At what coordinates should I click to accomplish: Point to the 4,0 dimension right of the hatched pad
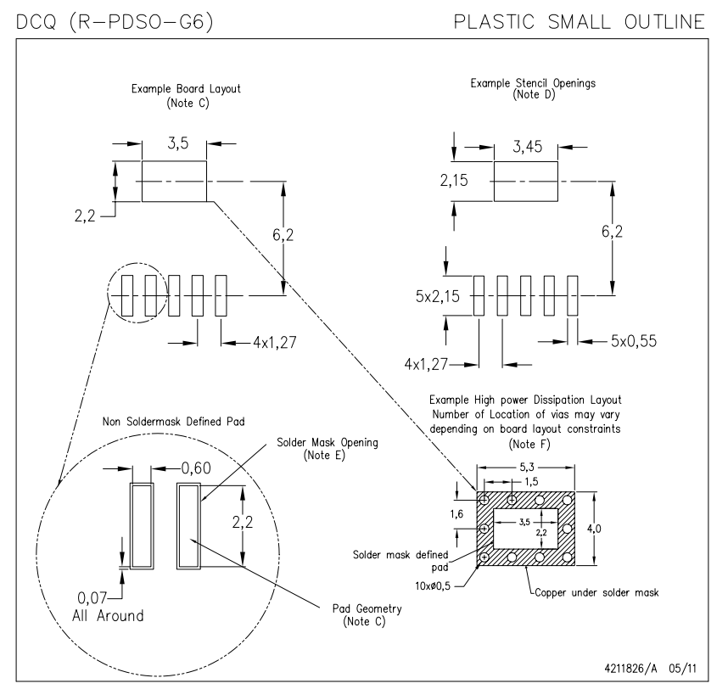602,529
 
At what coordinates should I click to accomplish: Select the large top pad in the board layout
174,181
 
